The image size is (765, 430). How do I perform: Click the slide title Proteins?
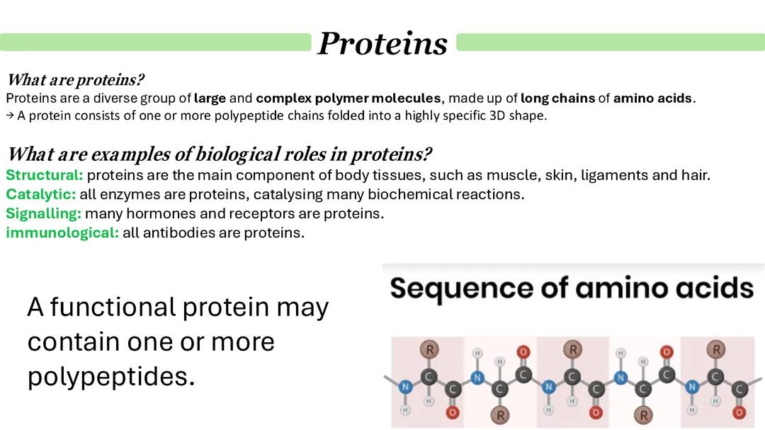[382, 43]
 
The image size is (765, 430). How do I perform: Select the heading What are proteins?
[75, 80]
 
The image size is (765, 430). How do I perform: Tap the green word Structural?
[45, 175]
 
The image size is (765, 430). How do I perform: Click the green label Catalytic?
[41, 194]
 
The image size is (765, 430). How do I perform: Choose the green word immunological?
[62, 232]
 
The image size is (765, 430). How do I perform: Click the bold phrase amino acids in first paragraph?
[652, 98]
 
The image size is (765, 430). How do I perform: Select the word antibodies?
[180, 232]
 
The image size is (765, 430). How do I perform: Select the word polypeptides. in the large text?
[110, 377]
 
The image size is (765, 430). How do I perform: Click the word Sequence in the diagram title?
[452, 288]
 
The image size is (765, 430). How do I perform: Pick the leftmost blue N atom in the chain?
[405, 387]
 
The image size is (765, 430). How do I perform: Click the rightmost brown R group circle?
[716, 349]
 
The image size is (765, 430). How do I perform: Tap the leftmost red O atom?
[452, 412]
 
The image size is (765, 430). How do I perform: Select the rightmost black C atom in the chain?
[739, 389]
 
